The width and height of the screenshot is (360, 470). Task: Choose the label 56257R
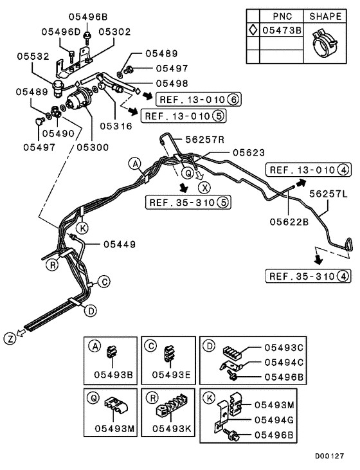[205, 138]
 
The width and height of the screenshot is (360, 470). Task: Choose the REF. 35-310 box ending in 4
[308, 276]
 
